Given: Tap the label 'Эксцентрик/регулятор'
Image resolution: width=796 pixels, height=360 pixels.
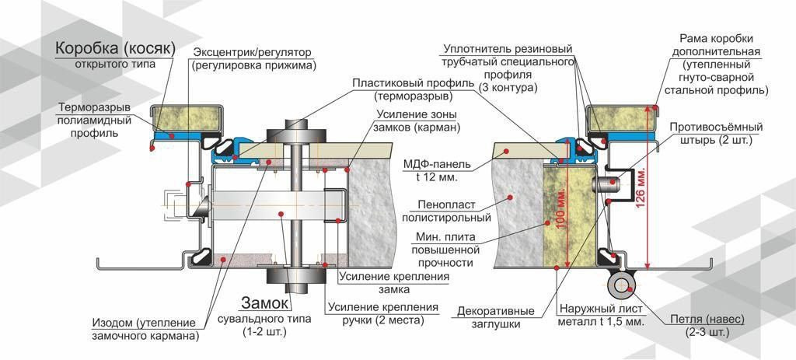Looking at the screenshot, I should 254,52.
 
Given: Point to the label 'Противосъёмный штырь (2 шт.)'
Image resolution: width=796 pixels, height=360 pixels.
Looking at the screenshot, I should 716,134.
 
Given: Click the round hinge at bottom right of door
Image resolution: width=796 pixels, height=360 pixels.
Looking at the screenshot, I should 622,287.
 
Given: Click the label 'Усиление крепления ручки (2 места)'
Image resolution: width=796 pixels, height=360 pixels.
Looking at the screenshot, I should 384,313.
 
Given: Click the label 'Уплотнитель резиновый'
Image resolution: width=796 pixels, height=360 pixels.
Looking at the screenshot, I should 509,49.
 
